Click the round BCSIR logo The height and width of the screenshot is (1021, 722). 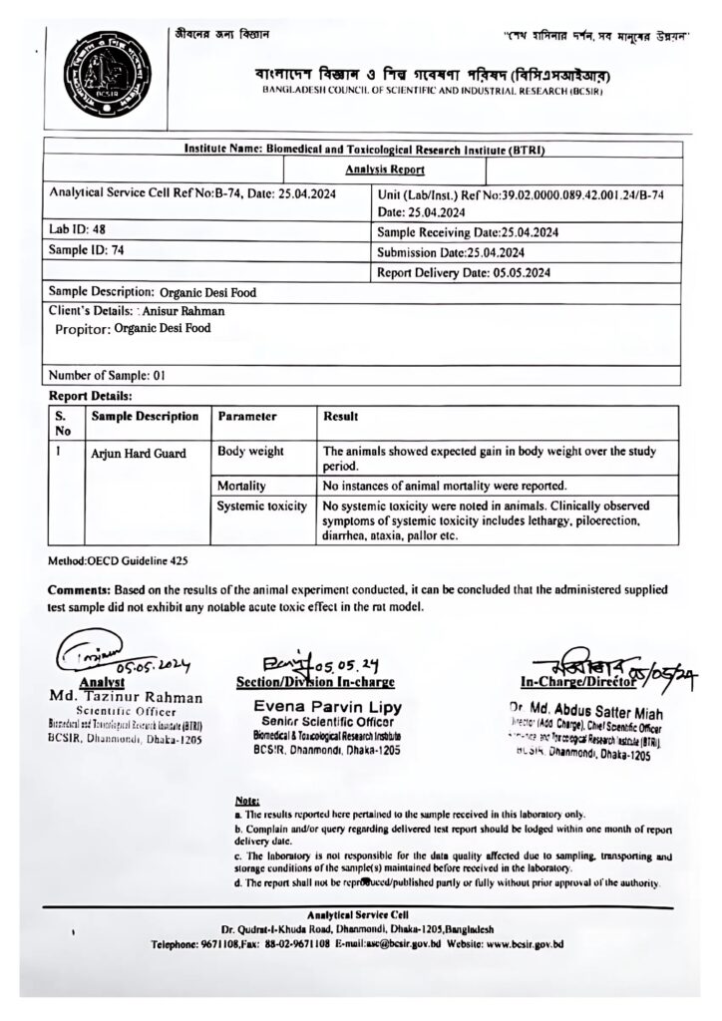[101, 76]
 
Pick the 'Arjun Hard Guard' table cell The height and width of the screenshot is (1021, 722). [139, 454]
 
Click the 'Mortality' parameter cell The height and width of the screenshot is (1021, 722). [242, 486]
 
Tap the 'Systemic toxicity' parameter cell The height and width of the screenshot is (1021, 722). [262, 507]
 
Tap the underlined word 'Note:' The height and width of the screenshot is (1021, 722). [245, 801]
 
